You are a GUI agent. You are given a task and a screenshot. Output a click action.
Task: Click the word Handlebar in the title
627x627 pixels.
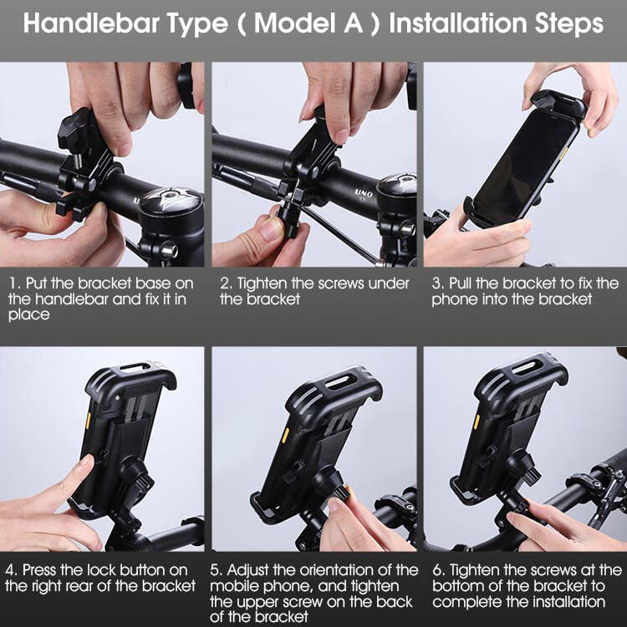click(x=92, y=23)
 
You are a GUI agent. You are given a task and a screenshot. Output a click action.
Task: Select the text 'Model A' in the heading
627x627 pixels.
click(x=308, y=23)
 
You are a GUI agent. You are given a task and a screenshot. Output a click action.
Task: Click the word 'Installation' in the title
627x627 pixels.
click(x=457, y=23)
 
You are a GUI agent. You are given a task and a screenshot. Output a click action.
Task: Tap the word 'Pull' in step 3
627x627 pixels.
click(x=461, y=283)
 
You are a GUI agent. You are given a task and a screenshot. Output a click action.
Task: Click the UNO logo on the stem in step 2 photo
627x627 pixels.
click(x=363, y=194)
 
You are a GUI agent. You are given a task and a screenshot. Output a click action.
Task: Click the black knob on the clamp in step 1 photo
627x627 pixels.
click(x=74, y=127)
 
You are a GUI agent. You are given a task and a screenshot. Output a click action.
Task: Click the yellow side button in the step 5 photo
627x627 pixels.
click(x=285, y=436)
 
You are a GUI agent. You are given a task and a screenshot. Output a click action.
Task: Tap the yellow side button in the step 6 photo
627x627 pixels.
click(x=477, y=421)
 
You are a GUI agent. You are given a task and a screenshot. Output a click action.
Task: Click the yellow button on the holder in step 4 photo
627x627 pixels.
click(x=88, y=419)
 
